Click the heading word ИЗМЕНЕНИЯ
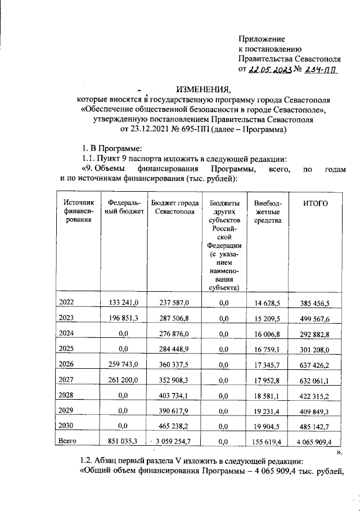200,89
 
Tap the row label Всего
68,442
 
